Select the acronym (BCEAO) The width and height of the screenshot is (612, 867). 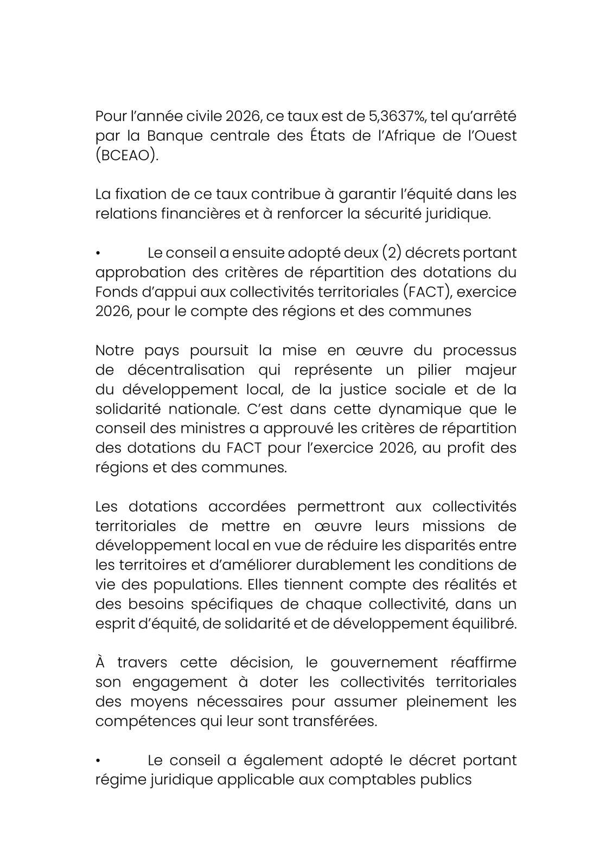pos(127,156)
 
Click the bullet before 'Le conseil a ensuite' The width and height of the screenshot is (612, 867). pos(98,254)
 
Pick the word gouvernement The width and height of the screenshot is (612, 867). pos(384,663)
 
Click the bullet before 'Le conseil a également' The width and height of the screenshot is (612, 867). pos(98,761)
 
